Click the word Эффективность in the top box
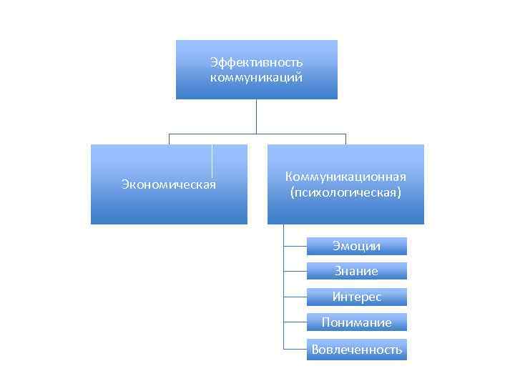coord(256,62)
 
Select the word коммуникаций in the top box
coord(256,76)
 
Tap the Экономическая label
coord(169,185)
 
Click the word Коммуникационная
coord(345,177)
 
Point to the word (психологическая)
coord(345,193)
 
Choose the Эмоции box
coord(356,246)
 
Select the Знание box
coord(356,271)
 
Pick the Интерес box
coord(356,297)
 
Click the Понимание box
coord(356,322)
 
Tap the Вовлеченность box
coord(356,350)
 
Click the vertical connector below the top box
coord(256,116)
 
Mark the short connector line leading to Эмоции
coord(295,246)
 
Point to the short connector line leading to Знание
coord(295,271)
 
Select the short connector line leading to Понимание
coord(295,322)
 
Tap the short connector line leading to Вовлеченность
coord(295,350)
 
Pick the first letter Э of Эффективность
coord(214,62)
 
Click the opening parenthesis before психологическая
coord(292,193)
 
